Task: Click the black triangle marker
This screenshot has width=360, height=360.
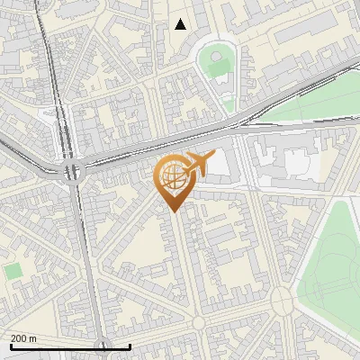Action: point(181,24)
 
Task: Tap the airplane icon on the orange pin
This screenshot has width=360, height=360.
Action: point(197,164)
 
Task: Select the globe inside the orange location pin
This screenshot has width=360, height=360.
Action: point(172,177)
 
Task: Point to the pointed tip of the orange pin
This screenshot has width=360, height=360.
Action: point(171,211)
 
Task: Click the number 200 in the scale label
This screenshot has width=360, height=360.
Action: point(19,338)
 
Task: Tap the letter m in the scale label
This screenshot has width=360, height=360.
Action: point(33,338)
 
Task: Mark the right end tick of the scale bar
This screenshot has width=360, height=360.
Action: point(130,346)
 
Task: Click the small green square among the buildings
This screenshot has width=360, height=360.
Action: point(13,271)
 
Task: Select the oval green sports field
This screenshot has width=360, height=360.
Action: point(217,63)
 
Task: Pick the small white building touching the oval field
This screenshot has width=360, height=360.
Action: point(222,80)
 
